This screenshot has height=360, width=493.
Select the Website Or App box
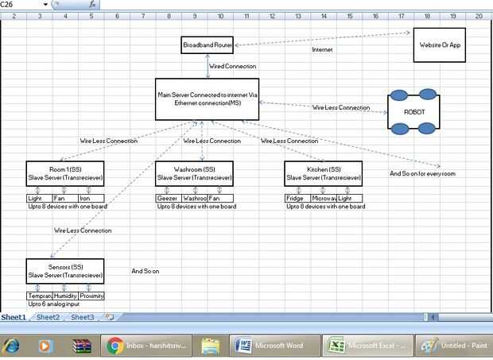pos(439,45)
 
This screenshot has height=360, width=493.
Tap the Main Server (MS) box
pos(208,99)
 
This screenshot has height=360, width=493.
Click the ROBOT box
pos(414,111)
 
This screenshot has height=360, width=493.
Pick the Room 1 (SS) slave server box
pos(65,173)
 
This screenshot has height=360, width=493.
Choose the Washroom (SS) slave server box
pos(194,173)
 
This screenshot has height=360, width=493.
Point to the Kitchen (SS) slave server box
pos(323,173)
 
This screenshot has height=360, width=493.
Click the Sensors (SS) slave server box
pos(65,271)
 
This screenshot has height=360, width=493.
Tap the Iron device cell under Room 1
pos(91,198)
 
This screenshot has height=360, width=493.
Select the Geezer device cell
pos(168,198)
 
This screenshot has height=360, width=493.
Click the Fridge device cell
pos(297,198)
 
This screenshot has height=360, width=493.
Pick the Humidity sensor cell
pos(65,296)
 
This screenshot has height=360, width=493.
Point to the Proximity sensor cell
pos(91,296)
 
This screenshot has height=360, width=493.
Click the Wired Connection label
pos(233,67)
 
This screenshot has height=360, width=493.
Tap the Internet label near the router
pos(322,49)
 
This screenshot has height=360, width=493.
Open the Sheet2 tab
pos(48,317)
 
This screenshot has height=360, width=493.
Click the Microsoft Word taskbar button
pos(274,346)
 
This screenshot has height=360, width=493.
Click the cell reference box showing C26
pos(24,4)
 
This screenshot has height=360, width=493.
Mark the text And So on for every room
pos(422,173)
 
